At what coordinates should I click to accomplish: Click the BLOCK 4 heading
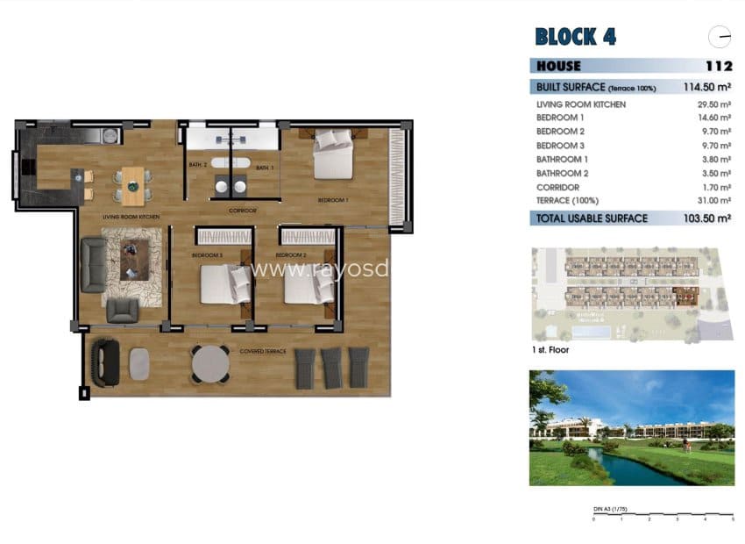575,36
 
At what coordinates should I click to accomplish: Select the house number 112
718,66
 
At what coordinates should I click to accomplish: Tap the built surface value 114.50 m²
706,87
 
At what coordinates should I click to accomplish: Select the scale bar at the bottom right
663,518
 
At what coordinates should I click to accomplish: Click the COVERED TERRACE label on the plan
263,351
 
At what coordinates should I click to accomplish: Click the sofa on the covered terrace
108,361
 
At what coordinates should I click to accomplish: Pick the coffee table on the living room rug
132,260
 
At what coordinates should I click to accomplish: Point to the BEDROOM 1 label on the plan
333,201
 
